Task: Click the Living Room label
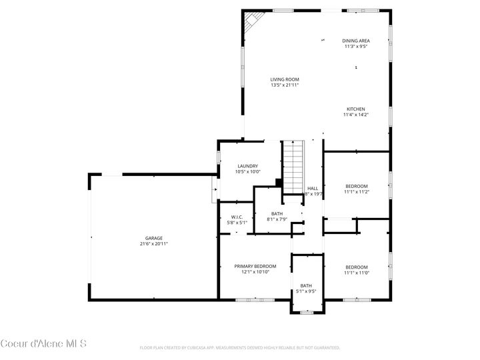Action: coord(285,79)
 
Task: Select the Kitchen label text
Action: coord(355,109)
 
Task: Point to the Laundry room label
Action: coord(247,166)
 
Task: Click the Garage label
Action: coord(154,238)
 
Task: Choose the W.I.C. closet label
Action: coord(237,217)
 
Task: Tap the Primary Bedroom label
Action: coord(255,266)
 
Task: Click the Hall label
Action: coord(313,189)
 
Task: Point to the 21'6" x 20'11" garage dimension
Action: coord(154,244)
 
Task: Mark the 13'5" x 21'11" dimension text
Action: coord(285,85)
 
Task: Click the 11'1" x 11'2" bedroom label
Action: coord(356,189)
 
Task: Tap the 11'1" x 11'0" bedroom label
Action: coord(356,269)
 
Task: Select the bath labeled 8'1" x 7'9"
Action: coord(277,216)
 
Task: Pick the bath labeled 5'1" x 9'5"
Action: coord(306,288)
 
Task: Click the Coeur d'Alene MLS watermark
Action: coord(43,343)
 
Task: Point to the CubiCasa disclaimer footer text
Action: coord(239,348)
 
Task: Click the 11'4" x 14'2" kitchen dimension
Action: coord(355,115)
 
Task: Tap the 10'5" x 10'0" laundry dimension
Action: coord(247,172)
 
